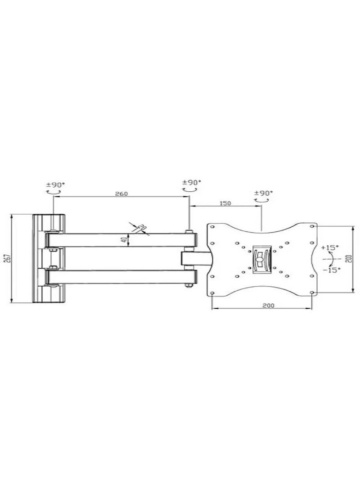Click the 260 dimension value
coord(121,194)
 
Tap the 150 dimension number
coord(225,203)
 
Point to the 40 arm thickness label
coord(122,240)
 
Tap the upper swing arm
coord(121,240)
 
